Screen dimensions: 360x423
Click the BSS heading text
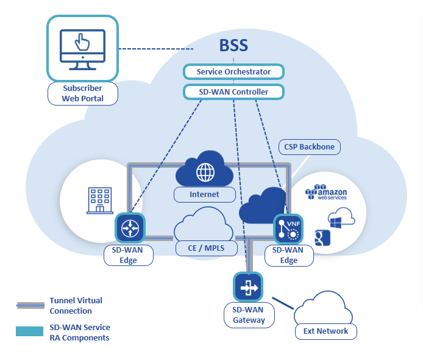pyautogui.click(x=233, y=46)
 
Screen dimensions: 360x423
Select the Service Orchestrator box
pyautogui.click(x=233, y=72)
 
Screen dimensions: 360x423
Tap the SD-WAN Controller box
pyautogui.click(x=233, y=92)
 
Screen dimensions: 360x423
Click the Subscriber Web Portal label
pyautogui.click(x=83, y=93)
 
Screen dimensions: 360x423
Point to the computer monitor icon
pyautogui.click(x=82, y=49)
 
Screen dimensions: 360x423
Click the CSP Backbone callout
pyautogui.click(x=309, y=147)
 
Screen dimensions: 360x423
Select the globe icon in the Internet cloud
pyautogui.click(x=205, y=171)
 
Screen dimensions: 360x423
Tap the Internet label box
pyautogui.click(x=205, y=195)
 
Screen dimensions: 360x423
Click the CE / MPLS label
pyautogui.click(x=205, y=248)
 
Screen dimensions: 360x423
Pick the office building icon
pyautogui.click(x=98, y=200)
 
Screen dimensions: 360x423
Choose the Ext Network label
pyautogui.click(x=325, y=331)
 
